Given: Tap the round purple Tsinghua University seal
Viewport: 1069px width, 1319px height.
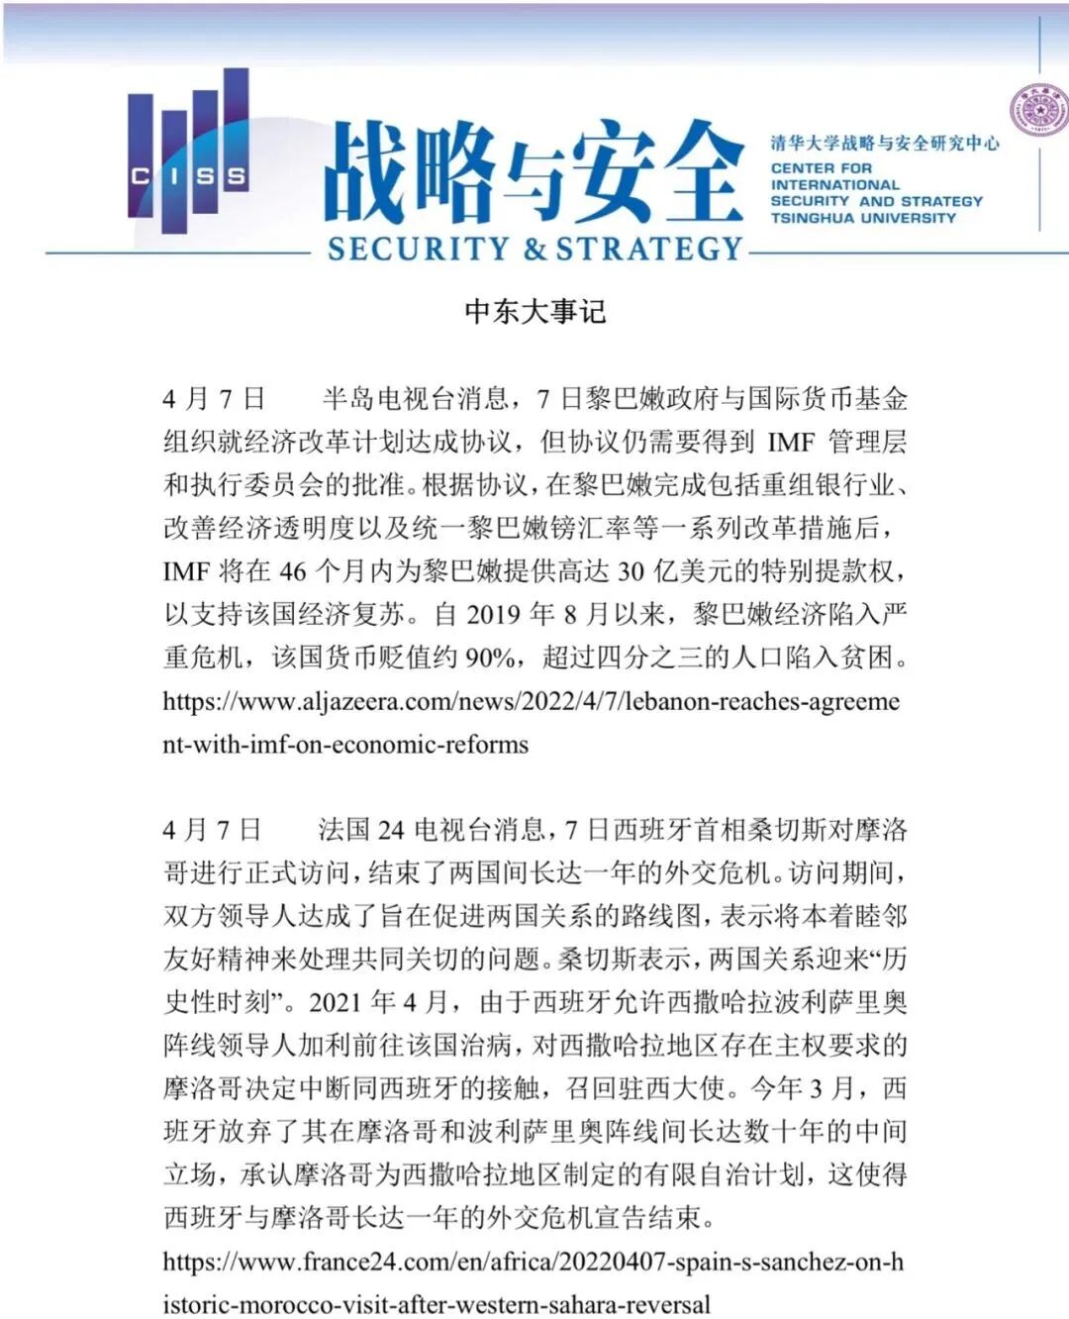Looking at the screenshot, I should (x=1039, y=110).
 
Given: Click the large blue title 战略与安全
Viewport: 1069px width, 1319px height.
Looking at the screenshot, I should (x=534, y=173).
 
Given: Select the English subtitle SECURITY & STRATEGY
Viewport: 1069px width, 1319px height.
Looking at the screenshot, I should (x=534, y=249).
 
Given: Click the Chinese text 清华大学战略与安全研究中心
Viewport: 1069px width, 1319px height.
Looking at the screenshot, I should (x=885, y=144).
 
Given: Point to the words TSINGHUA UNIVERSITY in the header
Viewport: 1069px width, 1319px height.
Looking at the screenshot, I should (x=863, y=218).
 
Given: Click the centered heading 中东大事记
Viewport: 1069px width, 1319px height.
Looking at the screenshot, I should (x=534, y=312).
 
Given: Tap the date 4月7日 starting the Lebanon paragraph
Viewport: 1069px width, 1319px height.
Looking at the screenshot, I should (x=214, y=399).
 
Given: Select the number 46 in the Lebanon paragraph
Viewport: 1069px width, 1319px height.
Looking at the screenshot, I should (x=293, y=572).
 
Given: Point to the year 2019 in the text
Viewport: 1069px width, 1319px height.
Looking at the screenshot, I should (x=493, y=615).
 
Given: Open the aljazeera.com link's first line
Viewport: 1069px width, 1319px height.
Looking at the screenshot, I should (x=532, y=702).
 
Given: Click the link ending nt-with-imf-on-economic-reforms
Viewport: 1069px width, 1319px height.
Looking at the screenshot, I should (x=345, y=745).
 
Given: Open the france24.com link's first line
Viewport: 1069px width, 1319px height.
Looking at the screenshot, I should (x=534, y=1262).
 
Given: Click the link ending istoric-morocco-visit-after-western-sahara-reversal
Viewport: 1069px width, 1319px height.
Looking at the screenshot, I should (x=437, y=1304).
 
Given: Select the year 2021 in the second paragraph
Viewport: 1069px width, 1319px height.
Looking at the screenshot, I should (x=336, y=1003).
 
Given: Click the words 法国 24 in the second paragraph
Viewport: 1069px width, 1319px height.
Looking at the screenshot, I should (x=361, y=829).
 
